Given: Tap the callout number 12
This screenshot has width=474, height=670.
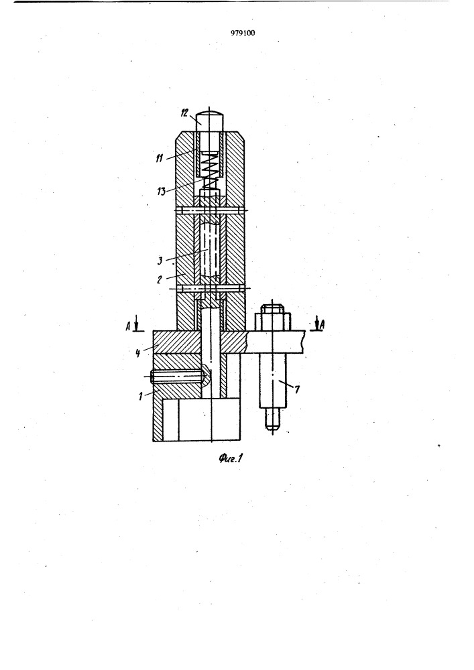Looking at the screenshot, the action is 184,113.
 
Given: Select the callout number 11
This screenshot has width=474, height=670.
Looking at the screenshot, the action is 159,158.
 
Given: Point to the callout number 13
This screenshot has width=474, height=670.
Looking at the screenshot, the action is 161,190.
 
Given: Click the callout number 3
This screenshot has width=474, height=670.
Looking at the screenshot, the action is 160,260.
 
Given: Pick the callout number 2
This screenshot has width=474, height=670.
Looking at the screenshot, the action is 159,280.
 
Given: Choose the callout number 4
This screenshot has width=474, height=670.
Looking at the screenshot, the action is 137,353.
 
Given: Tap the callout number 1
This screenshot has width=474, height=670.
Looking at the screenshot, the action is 141,397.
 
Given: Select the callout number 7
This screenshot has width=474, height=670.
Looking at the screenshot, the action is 298,389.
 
